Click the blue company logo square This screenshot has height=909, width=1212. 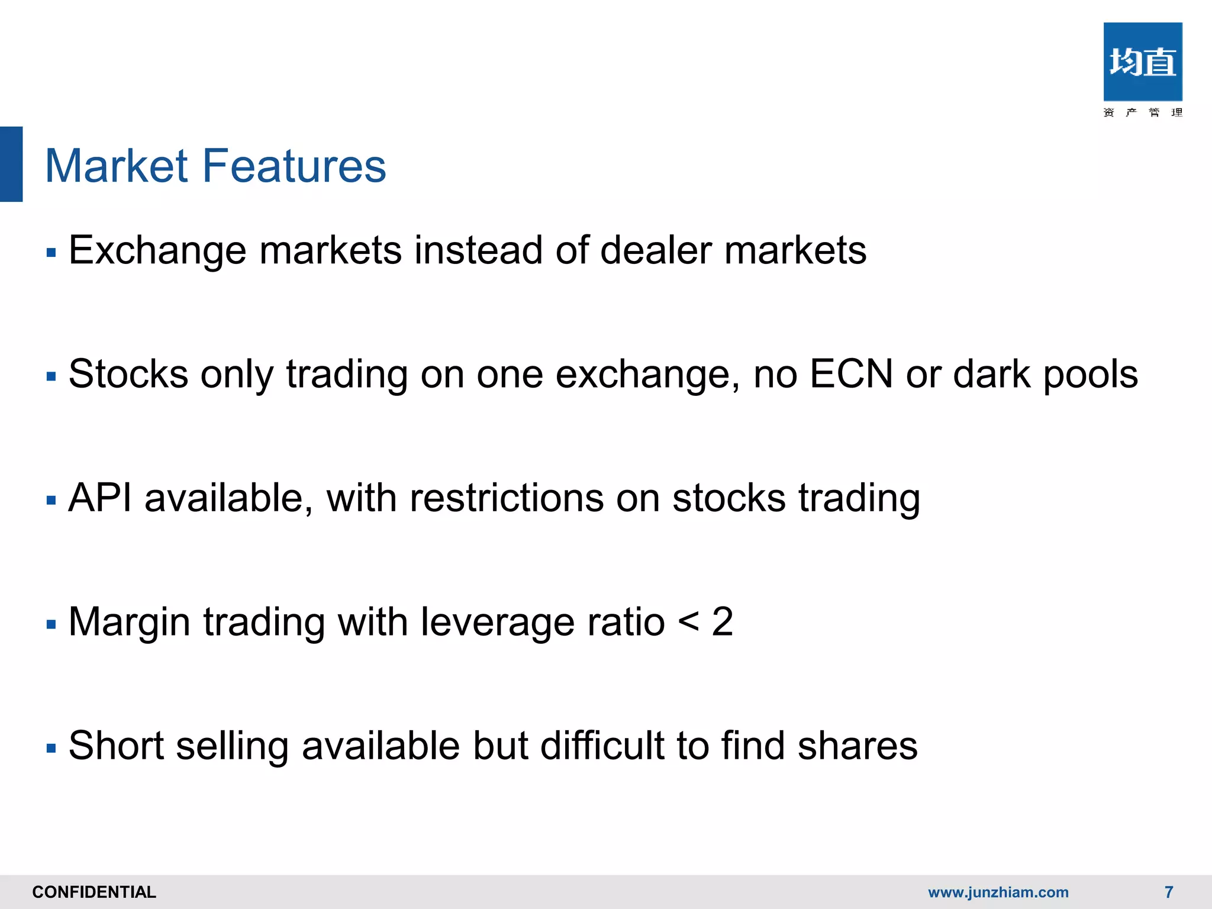(x=1142, y=62)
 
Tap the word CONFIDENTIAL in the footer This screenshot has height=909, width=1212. (x=94, y=892)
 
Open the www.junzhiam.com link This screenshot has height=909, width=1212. (x=998, y=892)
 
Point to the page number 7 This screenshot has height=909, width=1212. (x=1169, y=892)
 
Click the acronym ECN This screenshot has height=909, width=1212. (x=851, y=374)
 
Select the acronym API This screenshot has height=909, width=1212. (x=100, y=498)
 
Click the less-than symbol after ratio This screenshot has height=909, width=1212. (x=688, y=622)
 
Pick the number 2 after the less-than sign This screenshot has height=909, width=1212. (x=723, y=622)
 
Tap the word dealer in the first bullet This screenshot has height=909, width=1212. (x=656, y=250)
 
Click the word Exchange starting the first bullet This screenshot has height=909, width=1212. (x=157, y=250)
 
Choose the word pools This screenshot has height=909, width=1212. (x=1090, y=375)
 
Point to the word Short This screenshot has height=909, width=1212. (x=116, y=745)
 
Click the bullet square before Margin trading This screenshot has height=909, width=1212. (x=51, y=624)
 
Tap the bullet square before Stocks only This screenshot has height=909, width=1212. (x=51, y=376)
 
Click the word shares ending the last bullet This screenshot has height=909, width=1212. (x=858, y=745)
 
